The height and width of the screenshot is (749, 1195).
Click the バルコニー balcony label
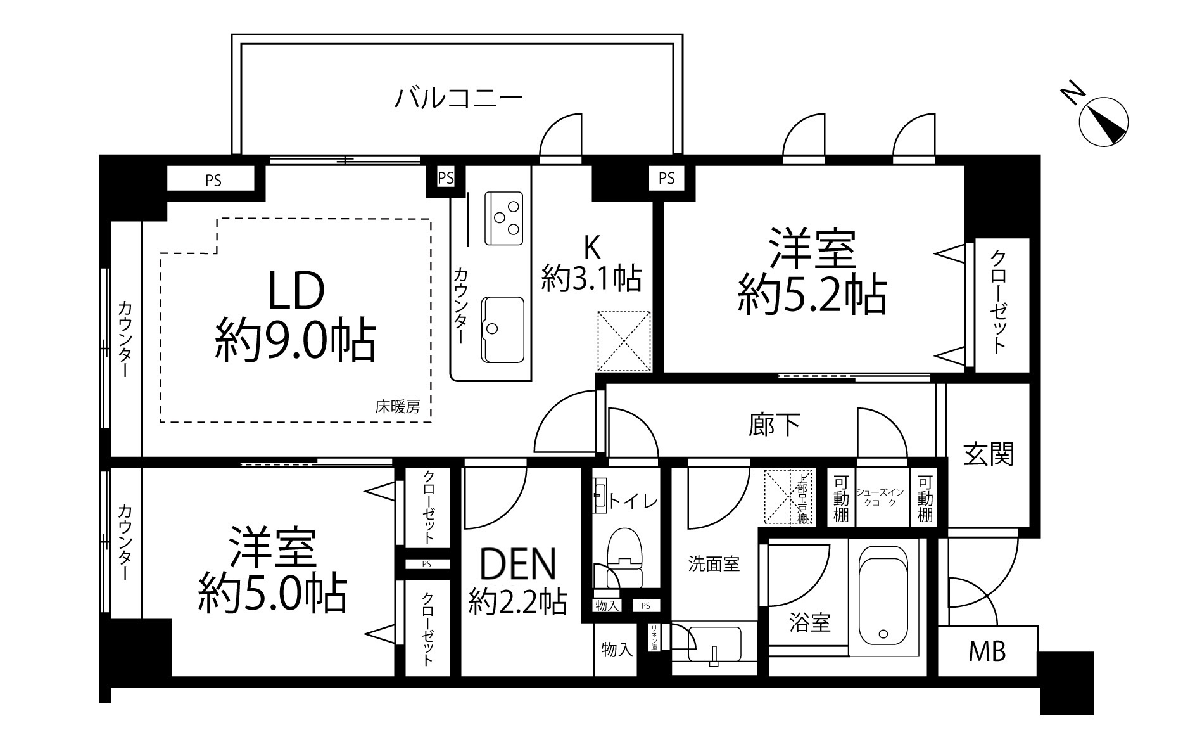pyautogui.click(x=458, y=98)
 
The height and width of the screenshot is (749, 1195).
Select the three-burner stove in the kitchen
pyautogui.click(x=503, y=218)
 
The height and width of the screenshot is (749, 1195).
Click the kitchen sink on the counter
pyautogui.click(x=503, y=329)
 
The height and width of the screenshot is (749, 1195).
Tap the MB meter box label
pyautogui.click(x=987, y=651)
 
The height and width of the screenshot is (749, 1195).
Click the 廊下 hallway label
pyautogui.click(x=774, y=425)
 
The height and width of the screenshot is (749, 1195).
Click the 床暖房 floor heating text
pyautogui.click(x=397, y=407)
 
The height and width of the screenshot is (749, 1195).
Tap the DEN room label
pyautogui.click(x=518, y=564)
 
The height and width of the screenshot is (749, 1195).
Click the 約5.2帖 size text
pyautogui.click(x=811, y=295)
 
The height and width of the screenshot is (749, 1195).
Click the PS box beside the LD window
pyautogui.click(x=213, y=180)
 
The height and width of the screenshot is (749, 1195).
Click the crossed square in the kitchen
pyautogui.click(x=624, y=341)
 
